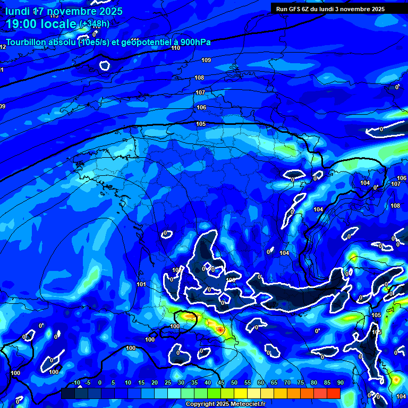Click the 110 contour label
coord(176,48)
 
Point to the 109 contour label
coord(206,60)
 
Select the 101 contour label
coord(141,284)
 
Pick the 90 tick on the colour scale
coord(340,383)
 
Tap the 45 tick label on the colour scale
coord(220,383)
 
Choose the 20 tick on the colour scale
coord(155,383)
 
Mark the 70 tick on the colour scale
coord(287,383)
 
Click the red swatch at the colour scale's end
coord(333,393)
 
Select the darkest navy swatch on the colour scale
coord(67,393)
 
